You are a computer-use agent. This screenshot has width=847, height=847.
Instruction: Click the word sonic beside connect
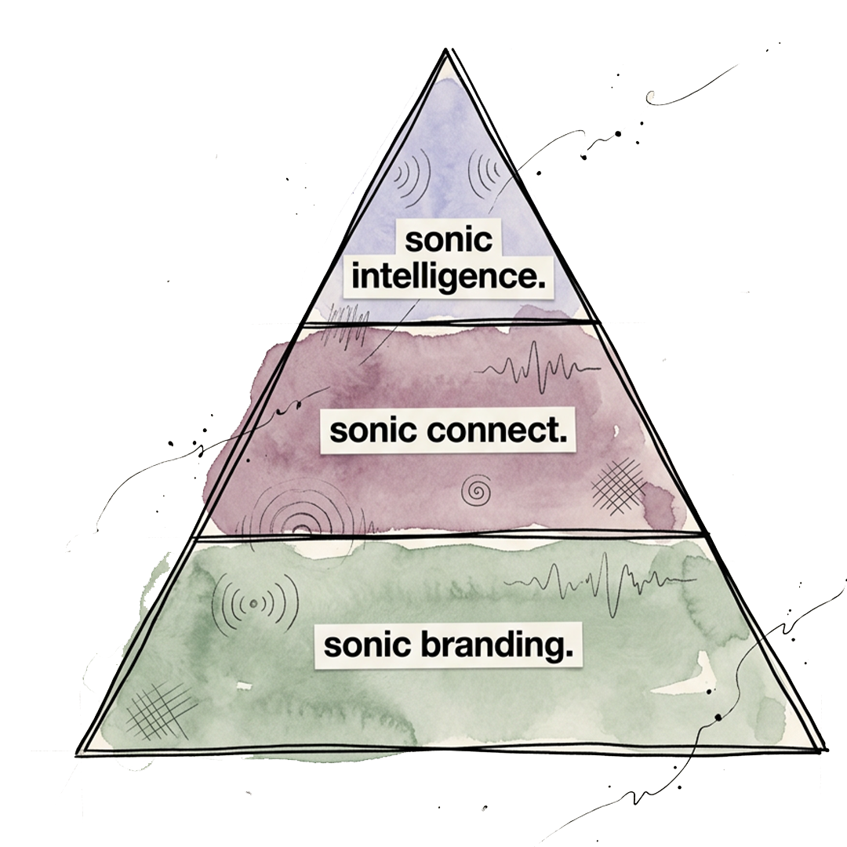pos(373,431)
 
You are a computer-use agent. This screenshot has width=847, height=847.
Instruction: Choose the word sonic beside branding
pos(367,645)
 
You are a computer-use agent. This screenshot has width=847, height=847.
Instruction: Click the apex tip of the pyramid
pos(446,49)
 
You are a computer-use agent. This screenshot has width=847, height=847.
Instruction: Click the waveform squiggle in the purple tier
pos(540,366)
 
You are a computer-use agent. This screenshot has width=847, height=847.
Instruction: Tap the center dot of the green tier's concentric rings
pos(254,603)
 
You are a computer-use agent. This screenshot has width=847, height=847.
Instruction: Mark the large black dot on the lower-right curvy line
pos(718,717)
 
